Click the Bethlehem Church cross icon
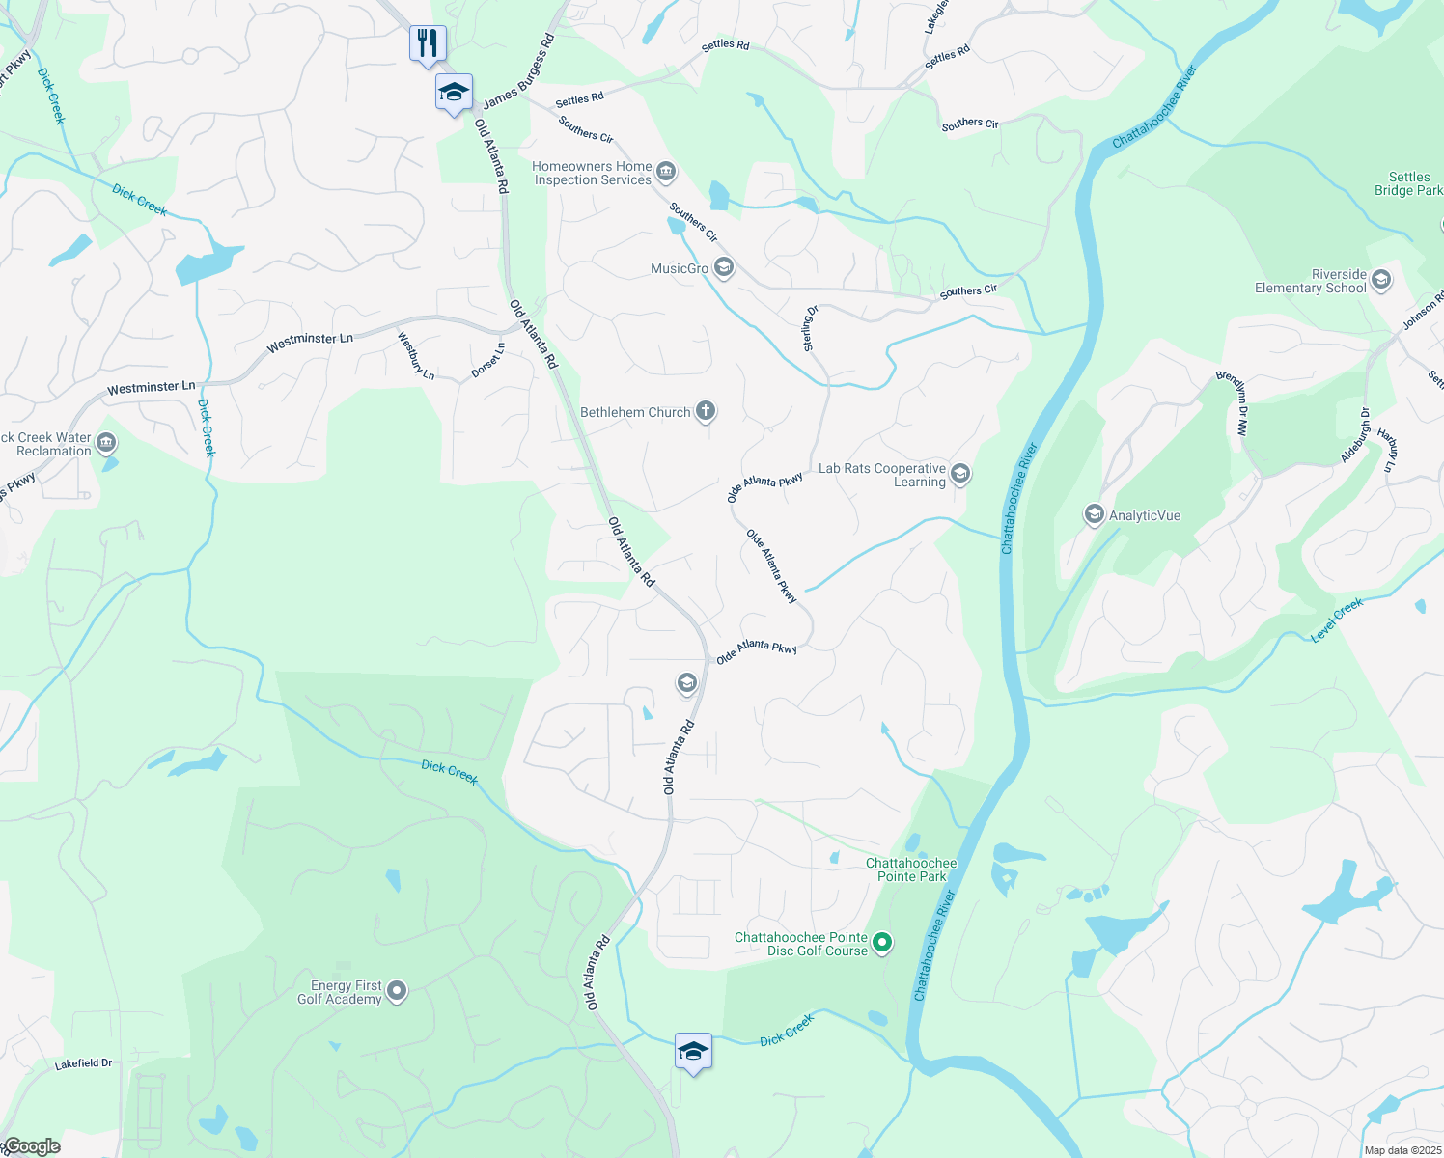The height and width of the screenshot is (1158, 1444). click(x=706, y=412)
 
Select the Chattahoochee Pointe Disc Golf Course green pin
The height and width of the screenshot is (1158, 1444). click(x=882, y=943)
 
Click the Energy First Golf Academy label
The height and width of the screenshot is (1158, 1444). click(x=340, y=992)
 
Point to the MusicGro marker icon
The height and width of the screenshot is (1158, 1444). click(x=724, y=268)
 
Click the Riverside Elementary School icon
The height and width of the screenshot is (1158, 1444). click(x=1381, y=281)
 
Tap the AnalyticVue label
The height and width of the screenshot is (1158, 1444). click(x=1144, y=515)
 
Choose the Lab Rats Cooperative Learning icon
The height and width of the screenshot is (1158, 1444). click(x=959, y=474)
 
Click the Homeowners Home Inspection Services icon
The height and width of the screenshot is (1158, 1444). click(x=666, y=173)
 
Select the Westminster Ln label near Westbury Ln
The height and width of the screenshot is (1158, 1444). click(x=310, y=339)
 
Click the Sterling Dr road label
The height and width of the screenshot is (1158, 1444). click(x=811, y=328)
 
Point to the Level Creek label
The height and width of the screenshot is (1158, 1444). click(x=1337, y=619)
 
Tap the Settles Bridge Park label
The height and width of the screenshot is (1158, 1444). click(x=1408, y=183)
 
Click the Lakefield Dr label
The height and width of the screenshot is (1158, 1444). click(x=83, y=1063)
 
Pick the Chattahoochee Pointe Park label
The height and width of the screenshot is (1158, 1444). click(x=911, y=869)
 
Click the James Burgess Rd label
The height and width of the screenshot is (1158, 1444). click(x=519, y=72)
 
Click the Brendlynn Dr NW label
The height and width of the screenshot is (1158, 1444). click(x=1232, y=403)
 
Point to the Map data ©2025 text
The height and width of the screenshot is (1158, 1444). click(x=1402, y=1150)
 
